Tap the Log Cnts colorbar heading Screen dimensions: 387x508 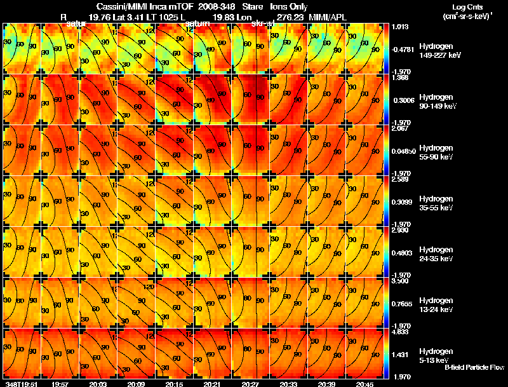(x=463, y=6)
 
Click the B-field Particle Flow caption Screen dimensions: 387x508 (x=474, y=367)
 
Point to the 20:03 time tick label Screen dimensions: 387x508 (x=98, y=384)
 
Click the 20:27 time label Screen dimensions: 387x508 (x=250, y=384)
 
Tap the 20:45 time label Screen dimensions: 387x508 (x=364, y=384)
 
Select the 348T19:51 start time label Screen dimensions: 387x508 (x=21, y=384)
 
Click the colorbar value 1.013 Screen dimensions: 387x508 (x=401, y=27)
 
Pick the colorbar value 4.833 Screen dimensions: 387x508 (x=401, y=332)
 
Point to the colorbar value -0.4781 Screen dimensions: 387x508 (x=402, y=49)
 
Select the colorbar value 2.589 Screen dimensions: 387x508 (x=401, y=179)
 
